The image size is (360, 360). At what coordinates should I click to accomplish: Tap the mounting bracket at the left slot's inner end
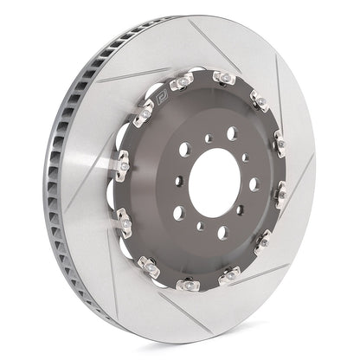pyautogui.click(x=119, y=160)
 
